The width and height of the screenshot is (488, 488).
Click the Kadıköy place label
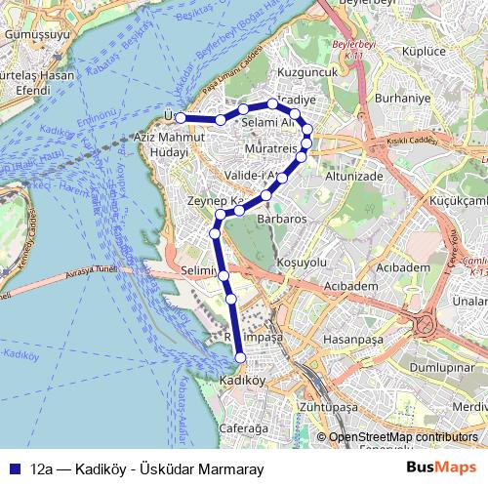click(243, 380)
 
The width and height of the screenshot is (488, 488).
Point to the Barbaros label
click(281, 220)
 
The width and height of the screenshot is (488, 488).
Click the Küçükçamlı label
click(451, 198)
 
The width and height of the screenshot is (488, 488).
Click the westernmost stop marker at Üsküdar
click(181, 118)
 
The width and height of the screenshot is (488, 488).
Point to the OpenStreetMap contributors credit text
click(402, 437)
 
